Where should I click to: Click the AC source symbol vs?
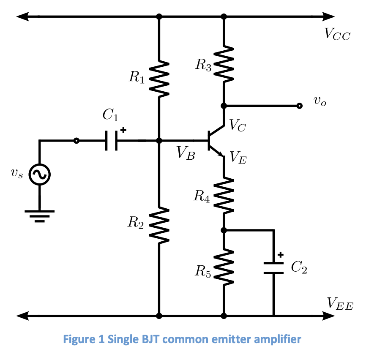[39, 174]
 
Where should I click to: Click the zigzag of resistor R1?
[159, 79]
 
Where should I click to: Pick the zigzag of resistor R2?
[159, 225]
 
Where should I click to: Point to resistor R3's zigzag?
[224, 64]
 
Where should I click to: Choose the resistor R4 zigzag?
[224, 195]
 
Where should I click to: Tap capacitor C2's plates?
[273, 268]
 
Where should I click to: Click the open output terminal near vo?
[300, 106]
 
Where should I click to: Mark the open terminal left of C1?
[76, 141]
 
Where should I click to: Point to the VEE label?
[339, 303]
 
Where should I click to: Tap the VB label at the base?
[186, 153]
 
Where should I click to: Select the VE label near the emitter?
[238, 159]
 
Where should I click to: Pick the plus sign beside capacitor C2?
[280, 255]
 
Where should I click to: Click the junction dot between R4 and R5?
[224, 230]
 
